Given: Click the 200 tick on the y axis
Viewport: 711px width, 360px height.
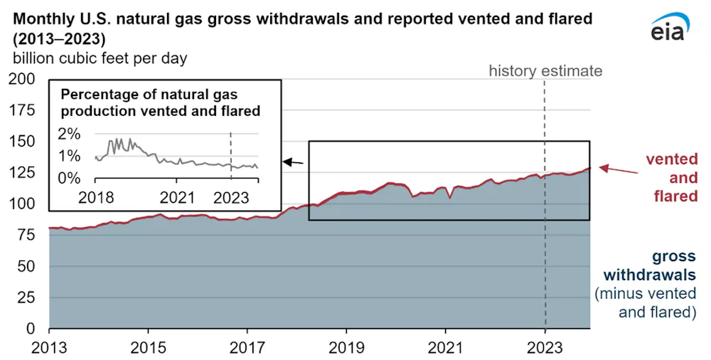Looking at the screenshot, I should point(23,79).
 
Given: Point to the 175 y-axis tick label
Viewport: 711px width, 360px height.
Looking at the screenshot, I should point(23,110).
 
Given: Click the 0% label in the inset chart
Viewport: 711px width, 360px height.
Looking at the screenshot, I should point(69,178).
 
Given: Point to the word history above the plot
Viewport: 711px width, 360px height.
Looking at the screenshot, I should point(512,71).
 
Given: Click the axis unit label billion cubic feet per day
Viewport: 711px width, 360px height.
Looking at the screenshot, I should point(97,58).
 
